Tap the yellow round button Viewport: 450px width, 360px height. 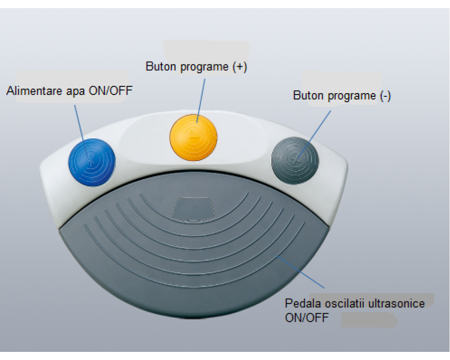click(193, 137)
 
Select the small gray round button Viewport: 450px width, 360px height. click(295, 160)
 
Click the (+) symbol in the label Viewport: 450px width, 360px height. click(240, 67)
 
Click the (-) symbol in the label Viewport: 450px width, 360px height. click(385, 96)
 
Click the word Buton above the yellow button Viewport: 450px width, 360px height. click(157, 67)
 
